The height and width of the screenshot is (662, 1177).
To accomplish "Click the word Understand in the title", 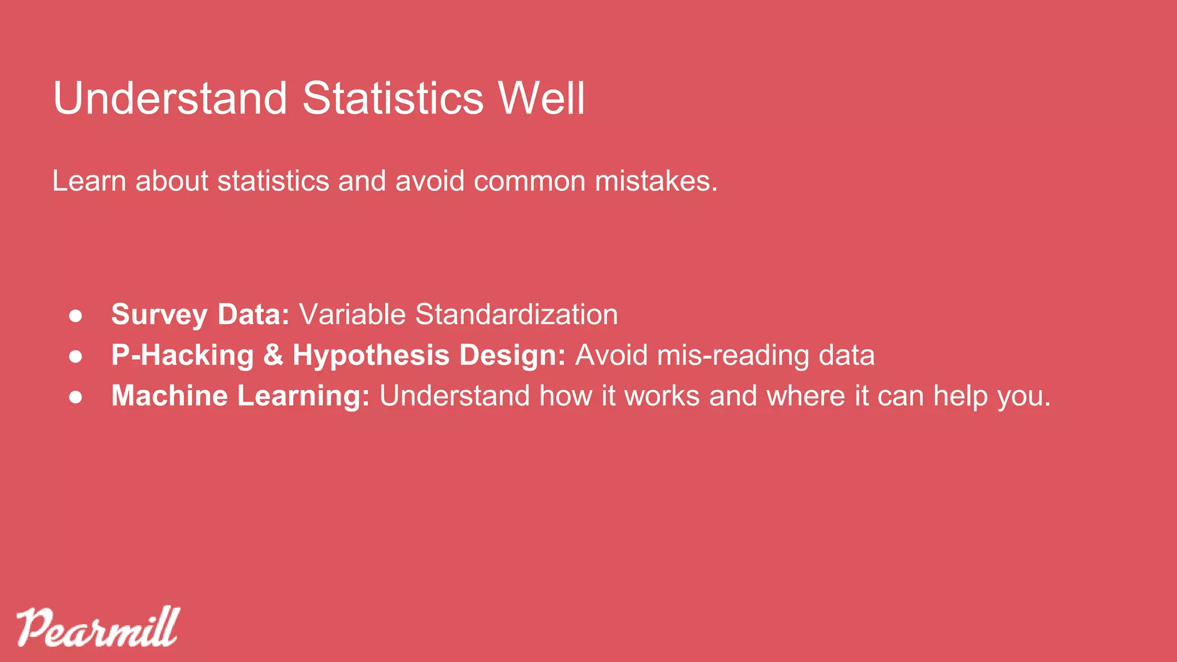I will (170, 98).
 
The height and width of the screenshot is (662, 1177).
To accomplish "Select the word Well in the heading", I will (541, 98).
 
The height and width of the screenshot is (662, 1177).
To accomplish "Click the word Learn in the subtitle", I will (89, 181).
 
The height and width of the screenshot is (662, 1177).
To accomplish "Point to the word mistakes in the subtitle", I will (656, 181).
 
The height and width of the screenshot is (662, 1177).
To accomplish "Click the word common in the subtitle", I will (529, 181).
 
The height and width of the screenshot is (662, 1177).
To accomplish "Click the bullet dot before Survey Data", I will (76, 315).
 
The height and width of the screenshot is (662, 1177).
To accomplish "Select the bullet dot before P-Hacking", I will (76, 356).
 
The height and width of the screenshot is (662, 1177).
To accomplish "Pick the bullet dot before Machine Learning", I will (76, 397).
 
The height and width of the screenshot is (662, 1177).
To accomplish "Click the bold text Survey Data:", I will (200, 315).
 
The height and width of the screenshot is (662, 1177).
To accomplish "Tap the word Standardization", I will (516, 314).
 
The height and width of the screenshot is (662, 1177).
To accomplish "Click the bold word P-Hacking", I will (182, 355).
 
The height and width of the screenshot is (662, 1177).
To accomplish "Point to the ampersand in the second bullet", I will (273, 355).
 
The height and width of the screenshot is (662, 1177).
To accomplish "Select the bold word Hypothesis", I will (371, 355).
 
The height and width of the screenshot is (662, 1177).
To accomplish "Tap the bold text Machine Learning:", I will (240, 396).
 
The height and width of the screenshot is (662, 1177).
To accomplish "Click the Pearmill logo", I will (98, 627).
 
